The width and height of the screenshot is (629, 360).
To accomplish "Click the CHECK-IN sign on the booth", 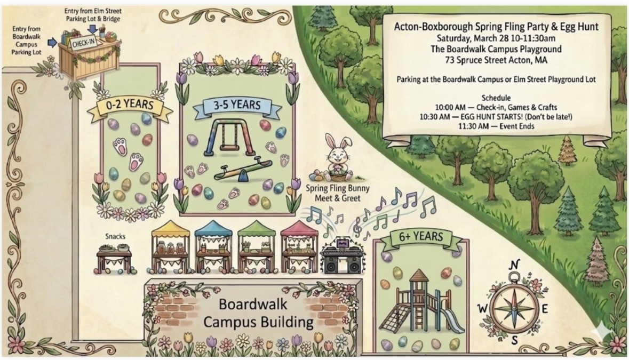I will click(84, 44).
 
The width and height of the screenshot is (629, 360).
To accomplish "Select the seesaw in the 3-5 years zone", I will click(240, 172).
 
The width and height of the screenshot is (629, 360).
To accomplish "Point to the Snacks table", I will click(114, 257).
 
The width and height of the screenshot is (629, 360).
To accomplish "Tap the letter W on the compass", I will click(483, 308).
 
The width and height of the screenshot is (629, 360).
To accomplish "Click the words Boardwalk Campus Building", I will click(253, 314).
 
